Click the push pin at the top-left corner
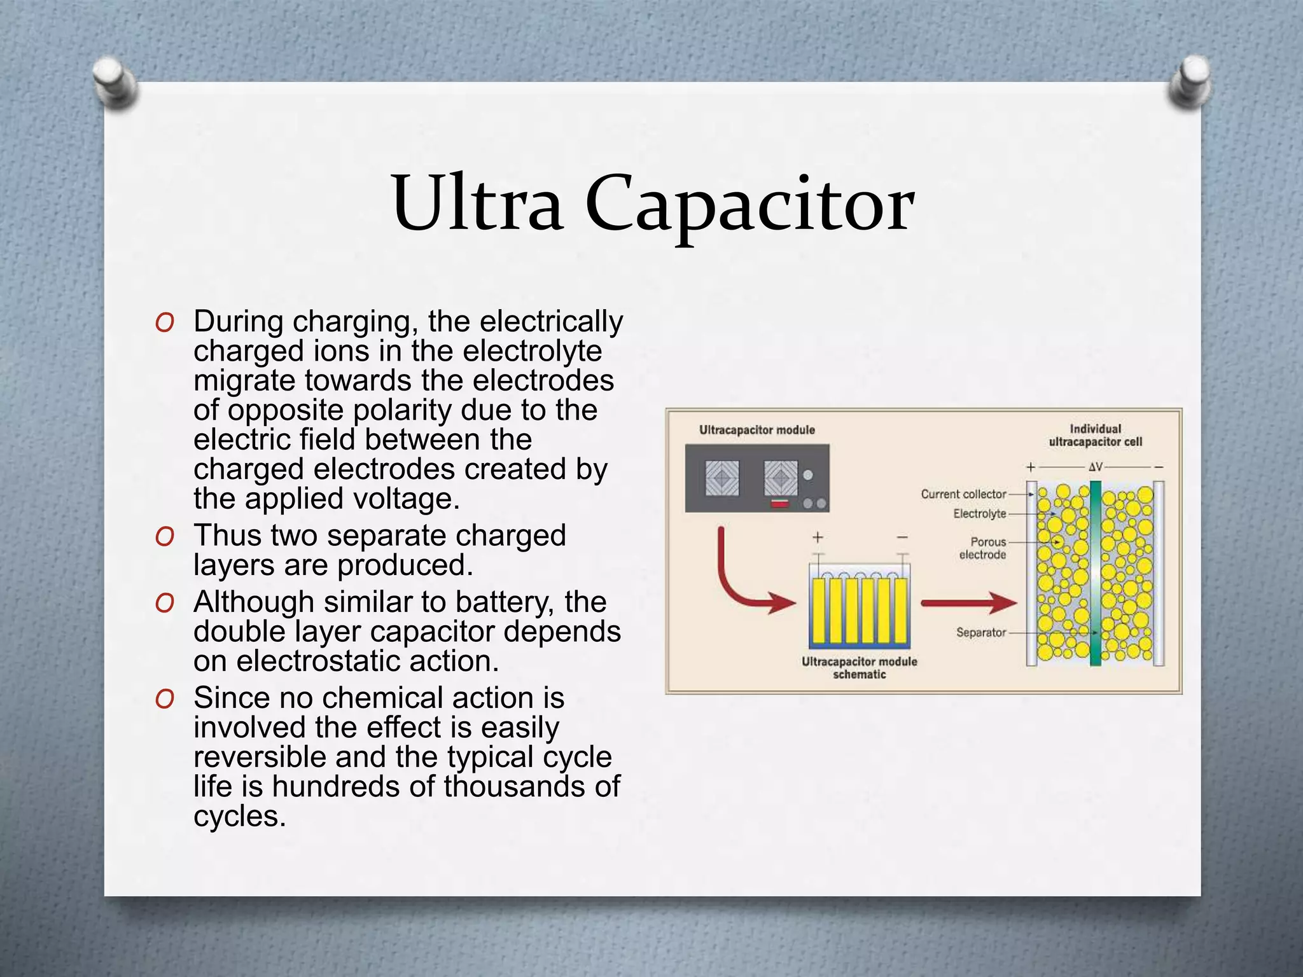115,83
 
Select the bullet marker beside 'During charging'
164,322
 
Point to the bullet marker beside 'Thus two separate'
164,536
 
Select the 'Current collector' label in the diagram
963,494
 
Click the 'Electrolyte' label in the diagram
979,514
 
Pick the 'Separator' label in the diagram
980,632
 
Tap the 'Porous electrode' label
984,548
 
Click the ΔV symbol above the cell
1095,467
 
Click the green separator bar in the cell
1095,572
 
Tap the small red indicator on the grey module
780,504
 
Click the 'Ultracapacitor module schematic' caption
859,668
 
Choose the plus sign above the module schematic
818,538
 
